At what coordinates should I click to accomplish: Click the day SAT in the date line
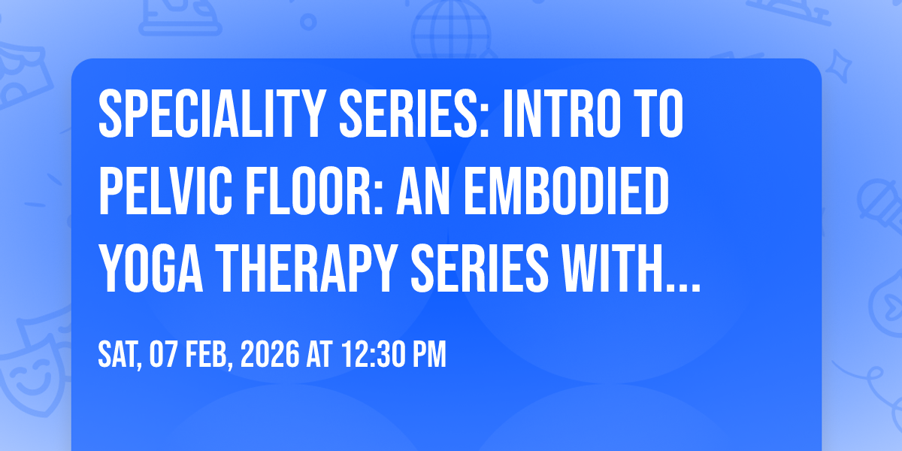click(x=119, y=354)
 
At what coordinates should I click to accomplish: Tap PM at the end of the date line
click(x=429, y=354)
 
